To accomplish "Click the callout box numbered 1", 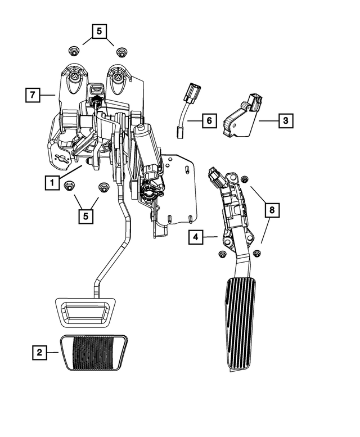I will (52, 182).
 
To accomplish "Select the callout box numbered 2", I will (39, 353).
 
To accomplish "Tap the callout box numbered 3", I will (285, 120).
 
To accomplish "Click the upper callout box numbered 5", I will (98, 32).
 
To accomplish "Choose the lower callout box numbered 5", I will (87, 215).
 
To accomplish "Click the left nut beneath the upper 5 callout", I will (74, 52).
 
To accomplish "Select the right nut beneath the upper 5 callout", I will (120, 52).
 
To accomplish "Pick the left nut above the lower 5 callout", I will (70, 186).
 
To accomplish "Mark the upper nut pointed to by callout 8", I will (245, 179).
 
